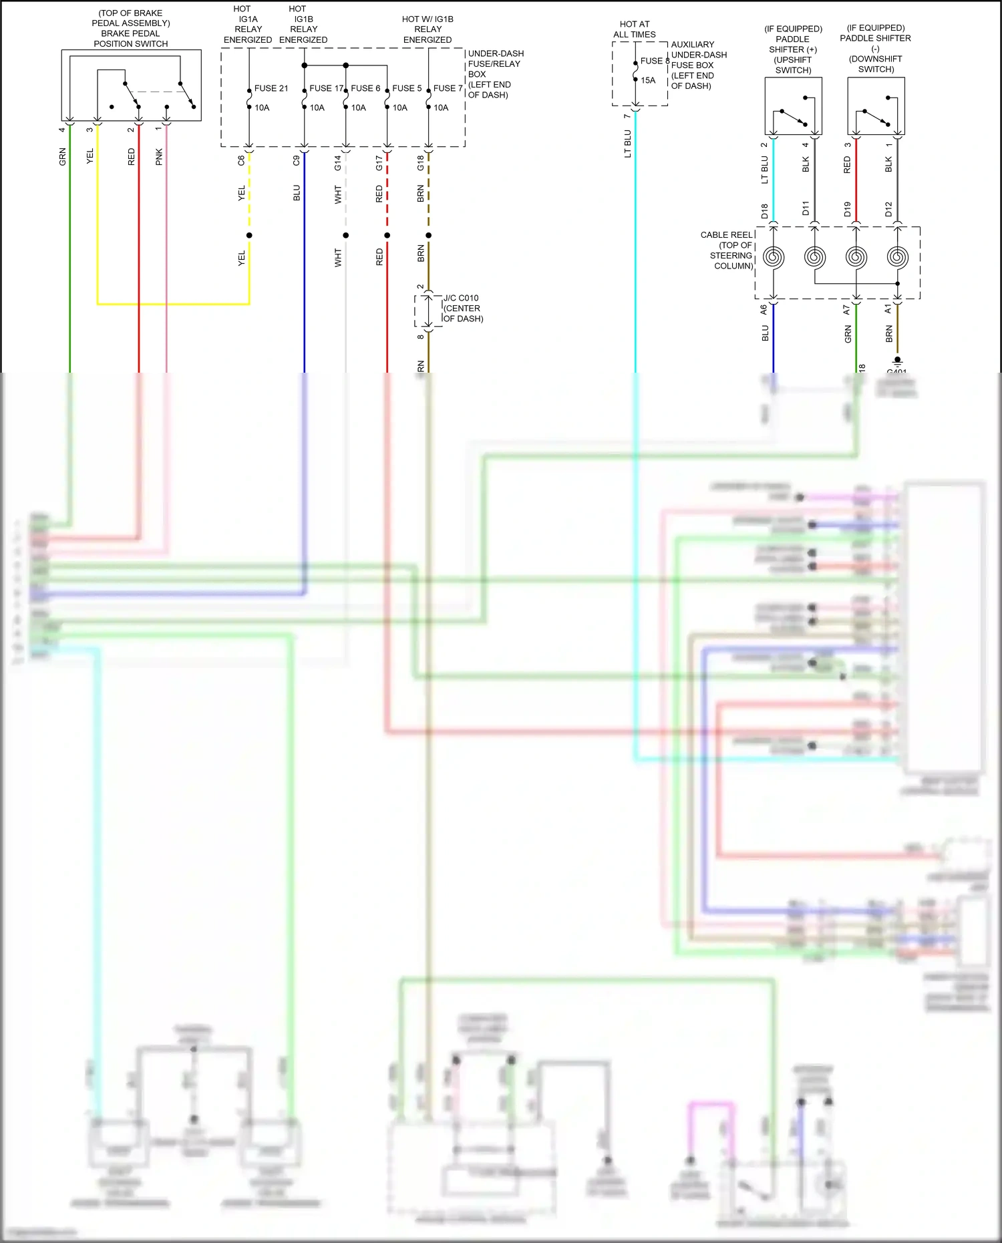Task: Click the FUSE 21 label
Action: click(271, 88)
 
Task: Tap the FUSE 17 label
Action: click(326, 88)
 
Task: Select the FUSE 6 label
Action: click(365, 88)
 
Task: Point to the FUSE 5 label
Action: click(407, 88)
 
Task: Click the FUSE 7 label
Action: click(448, 88)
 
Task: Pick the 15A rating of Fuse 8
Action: click(648, 80)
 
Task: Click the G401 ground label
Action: click(896, 371)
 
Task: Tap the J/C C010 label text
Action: click(461, 298)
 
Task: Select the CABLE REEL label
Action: click(727, 235)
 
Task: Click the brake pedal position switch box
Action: click(131, 85)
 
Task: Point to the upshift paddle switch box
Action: click(793, 106)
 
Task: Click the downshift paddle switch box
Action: click(876, 106)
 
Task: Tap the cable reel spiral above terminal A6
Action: click(774, 257)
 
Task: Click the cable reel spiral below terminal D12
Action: click(897, 257)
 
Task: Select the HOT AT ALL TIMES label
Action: click(635, 29)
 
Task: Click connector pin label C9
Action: click(297, 160)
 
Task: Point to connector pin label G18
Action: click(420, 162)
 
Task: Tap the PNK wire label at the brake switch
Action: click(159, 157)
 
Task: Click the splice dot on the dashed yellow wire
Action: click(249, 235)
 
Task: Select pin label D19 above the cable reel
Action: click(847, 209)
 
